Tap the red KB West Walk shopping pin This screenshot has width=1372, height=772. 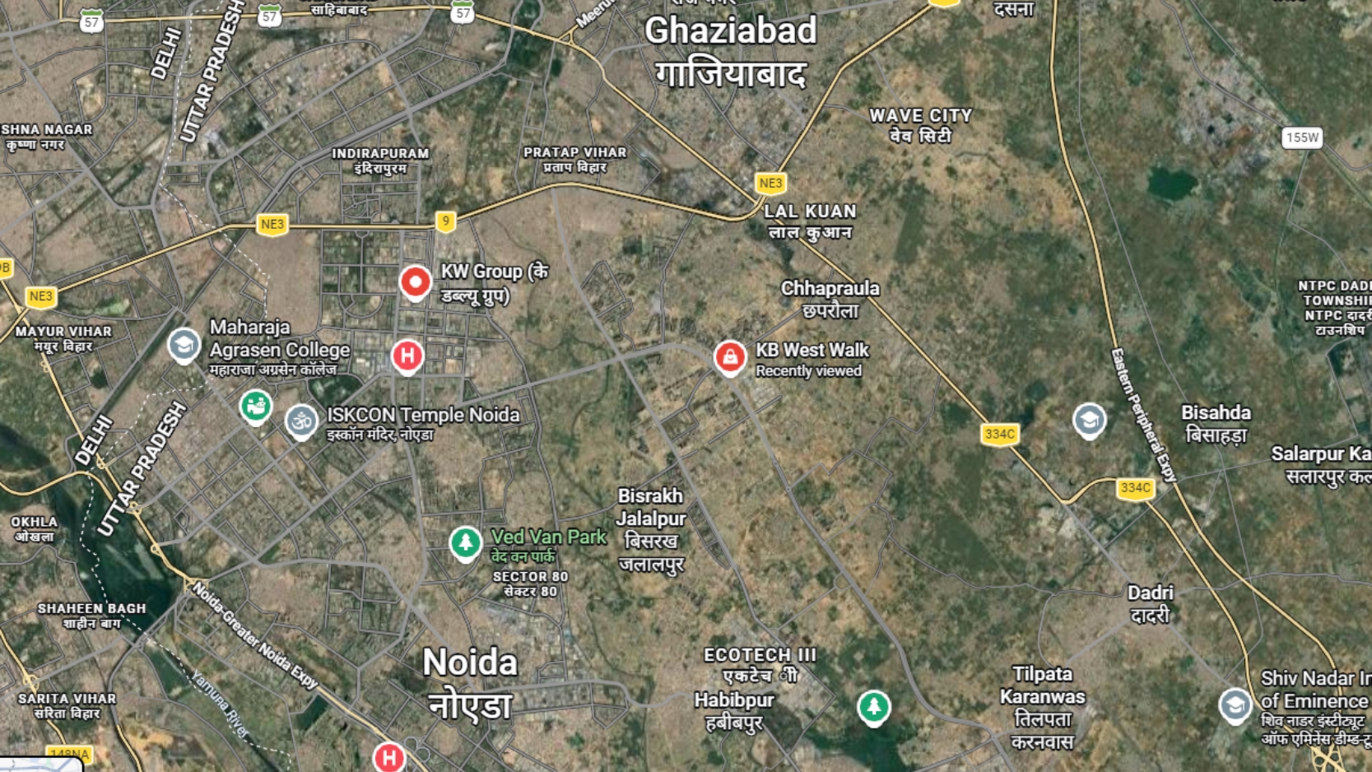tap(729, 357)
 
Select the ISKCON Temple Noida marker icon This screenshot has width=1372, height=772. tap(301, 421)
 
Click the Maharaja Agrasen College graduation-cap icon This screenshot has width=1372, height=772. tap(184, 345)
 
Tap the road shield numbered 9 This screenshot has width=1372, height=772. tap(445, 221)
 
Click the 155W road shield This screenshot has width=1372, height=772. tap(1301, 137)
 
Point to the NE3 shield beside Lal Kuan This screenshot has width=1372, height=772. tap(770, 183)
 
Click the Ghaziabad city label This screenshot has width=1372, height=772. tap(731, 31)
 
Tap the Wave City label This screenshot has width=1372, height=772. tap(920, 116)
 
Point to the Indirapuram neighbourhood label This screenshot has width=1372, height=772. tap(380, 154)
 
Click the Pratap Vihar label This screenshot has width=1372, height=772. tap(574, 153)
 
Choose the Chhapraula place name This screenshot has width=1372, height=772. tap(830, 289)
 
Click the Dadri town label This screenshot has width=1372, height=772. tap(1150, 593)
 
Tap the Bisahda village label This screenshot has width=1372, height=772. tap(1216, 413)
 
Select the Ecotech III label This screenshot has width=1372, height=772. tap(760, 655)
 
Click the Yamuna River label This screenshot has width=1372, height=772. tap(220, 704)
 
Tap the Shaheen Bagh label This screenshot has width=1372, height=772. tap(91, 609)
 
